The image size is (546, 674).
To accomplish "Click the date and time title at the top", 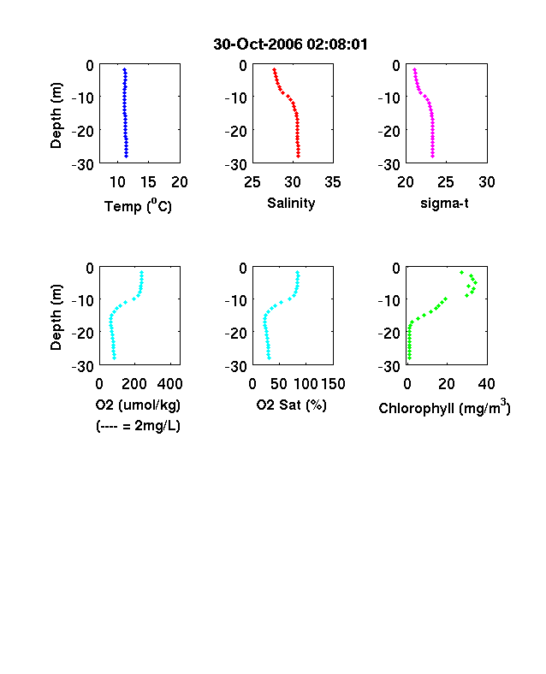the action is [291, 44].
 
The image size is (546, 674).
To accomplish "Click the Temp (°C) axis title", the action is [138, 206].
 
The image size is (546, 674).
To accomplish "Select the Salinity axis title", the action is [291, 203].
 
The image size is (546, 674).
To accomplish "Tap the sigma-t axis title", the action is [444, 203].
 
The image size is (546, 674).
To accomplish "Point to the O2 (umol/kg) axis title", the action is [138, 405].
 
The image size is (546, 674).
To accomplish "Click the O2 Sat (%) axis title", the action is [292, 405].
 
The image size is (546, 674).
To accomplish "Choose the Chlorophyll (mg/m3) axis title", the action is [444, 406].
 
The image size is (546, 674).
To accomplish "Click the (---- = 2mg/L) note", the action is [138, 426].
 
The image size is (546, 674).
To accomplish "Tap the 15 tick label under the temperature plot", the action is [148, 182].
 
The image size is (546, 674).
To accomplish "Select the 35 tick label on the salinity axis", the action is [333, 182].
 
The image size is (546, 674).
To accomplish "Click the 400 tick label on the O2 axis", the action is [170, 384].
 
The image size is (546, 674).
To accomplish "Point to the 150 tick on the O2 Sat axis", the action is [333, 384].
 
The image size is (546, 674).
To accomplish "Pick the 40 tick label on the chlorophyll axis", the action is [487, 384].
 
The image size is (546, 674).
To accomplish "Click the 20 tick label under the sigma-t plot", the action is [406, 182].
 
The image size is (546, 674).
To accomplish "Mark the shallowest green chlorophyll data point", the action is [462, 272].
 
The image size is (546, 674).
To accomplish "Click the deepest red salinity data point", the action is [299, 156].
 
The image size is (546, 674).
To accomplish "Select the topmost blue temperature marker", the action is [125, 69].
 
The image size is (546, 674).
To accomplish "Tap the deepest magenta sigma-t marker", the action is [432, 156].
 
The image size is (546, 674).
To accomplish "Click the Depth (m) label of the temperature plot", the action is [56, 115].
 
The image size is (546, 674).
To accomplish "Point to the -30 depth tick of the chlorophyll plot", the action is [389, 367].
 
